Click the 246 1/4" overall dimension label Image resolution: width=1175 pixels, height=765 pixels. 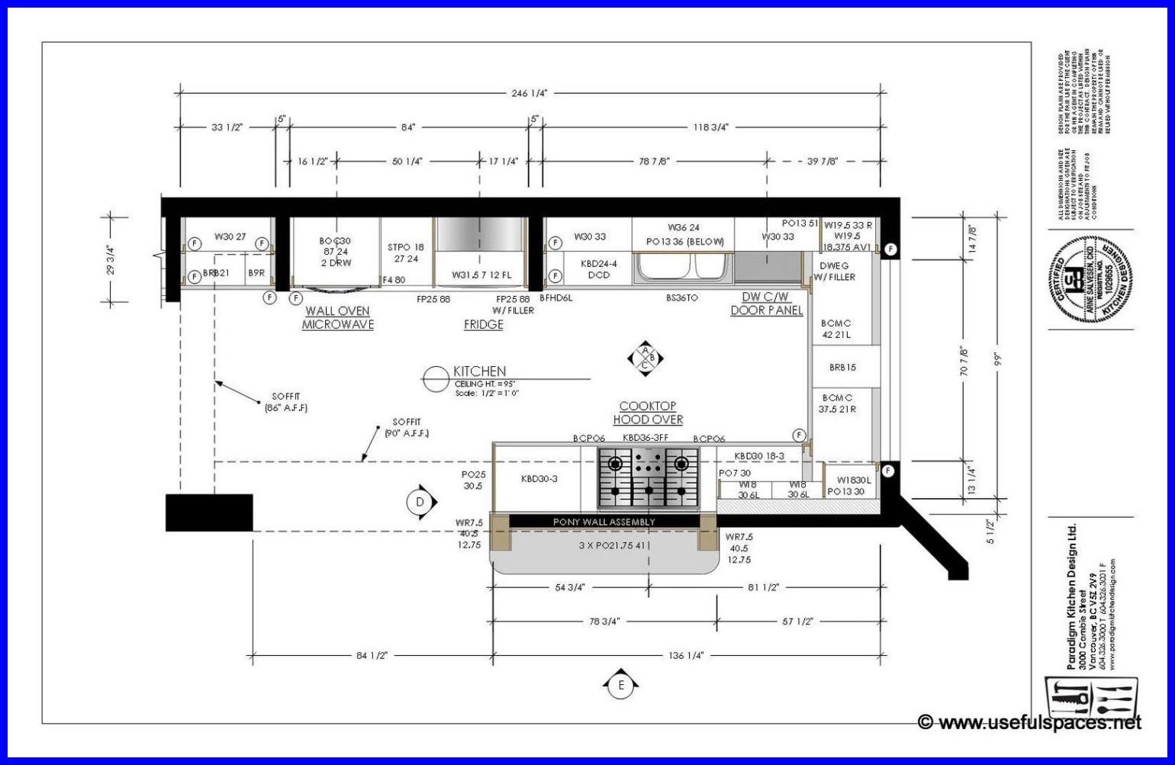[x=529, y=93]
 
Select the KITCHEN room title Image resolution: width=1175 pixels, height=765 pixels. [x=479, y=371]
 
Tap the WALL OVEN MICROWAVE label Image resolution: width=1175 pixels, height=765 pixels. [x=337, y=317]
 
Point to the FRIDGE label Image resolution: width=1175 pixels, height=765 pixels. [x=484, y=324]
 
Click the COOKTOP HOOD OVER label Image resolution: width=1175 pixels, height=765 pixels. [x=647, y=413]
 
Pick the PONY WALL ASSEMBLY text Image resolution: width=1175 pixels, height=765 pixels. [x=604, y=522]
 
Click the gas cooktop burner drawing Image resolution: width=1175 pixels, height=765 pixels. [x=649, y=478]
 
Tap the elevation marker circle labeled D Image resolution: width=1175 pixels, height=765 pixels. [x=420, y=501]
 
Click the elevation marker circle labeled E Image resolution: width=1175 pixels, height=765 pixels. [x=621, y=685]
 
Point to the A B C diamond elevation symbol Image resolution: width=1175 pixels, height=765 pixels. [x=645, y=358]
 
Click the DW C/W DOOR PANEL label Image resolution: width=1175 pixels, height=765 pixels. [x=766, y=304]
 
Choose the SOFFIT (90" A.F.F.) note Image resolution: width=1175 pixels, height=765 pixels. [x=407, y=427]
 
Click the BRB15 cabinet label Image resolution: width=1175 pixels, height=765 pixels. [x=842, y=367]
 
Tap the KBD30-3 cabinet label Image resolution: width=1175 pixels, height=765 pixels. [x=539, y=478]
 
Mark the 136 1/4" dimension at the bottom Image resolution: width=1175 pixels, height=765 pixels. [x=685, y=655]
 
